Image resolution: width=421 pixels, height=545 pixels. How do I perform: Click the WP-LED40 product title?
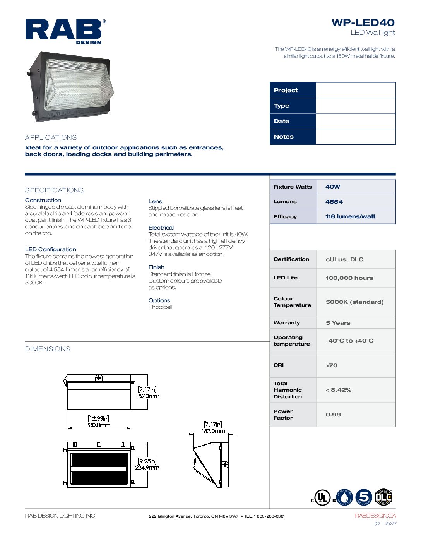click(x=363, y=22)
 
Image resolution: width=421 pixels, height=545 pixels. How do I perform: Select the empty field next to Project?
click(x=355, y=90)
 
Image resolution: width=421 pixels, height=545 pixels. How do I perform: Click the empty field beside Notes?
click(x=355, y=137)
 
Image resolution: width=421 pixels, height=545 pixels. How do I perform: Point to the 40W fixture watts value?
click(x=333, y=187)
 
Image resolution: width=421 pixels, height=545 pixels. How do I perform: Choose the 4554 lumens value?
click(x=334, y=202)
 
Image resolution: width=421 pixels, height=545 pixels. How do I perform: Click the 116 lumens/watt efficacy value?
click(x=350, y=216)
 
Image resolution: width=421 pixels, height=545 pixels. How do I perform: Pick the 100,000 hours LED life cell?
click(x=349, y=278)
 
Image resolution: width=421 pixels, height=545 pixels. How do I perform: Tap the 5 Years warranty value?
click(x=338, y=323)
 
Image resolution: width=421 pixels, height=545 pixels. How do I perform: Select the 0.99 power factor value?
click(x=333, y=415)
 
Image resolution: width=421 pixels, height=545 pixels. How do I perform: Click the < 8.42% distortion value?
click(x=339, y=390)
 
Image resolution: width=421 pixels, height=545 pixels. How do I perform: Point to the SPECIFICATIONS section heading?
click(x=54, y=190)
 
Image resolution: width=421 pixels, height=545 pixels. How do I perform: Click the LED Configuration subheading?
click(x=50, y=249)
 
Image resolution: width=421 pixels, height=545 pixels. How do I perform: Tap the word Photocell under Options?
click(x=160, y=307)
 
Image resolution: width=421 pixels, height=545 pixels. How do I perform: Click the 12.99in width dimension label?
click(x=98, y=418)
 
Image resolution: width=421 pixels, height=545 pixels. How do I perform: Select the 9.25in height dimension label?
click(x=147, y=461)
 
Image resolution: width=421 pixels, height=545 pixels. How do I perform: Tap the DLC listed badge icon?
click(x=383, y=497)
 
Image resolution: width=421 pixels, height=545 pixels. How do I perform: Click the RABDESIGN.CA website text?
click(x=375, y=516)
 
